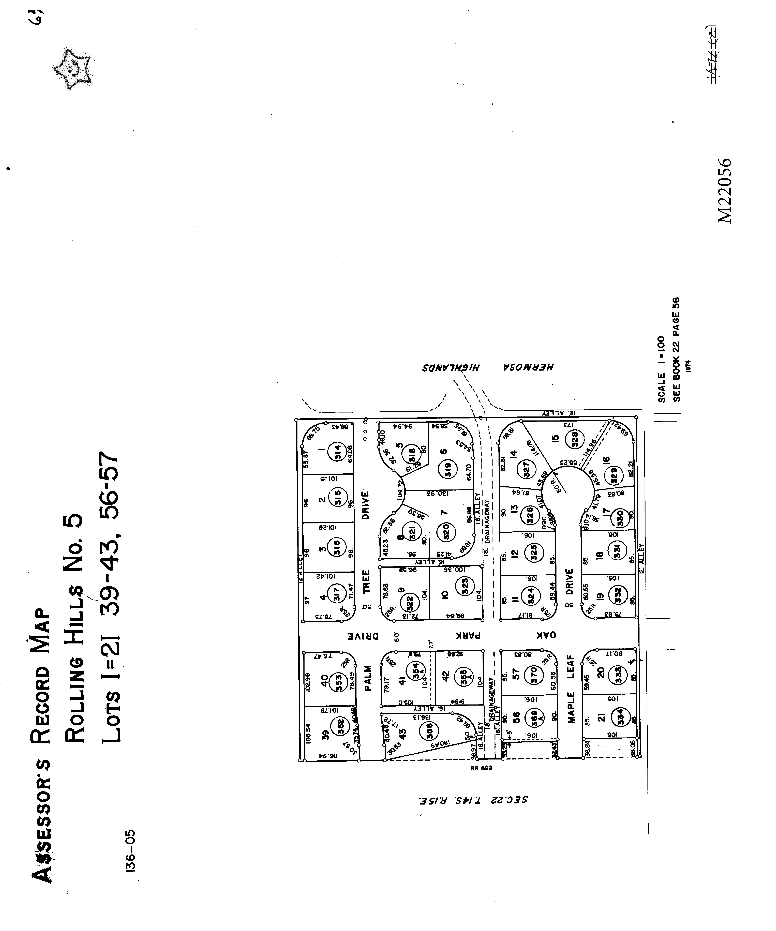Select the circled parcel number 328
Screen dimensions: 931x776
575,439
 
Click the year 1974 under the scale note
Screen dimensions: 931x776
688,366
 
